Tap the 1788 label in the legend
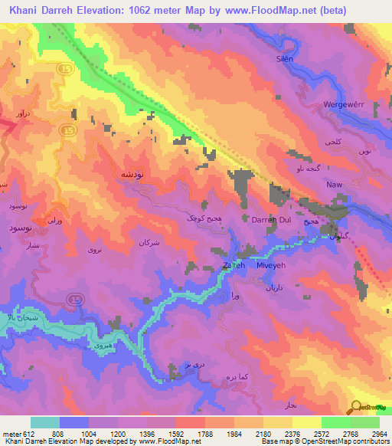205,433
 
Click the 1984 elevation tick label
234,433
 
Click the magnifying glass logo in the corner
356,407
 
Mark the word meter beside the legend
11,433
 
